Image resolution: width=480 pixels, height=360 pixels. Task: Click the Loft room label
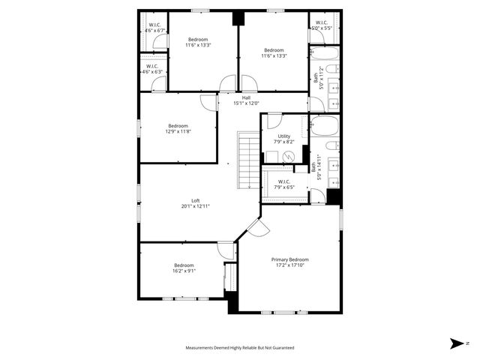(195, 200)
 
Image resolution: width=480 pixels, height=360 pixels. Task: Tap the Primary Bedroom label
(289, 259)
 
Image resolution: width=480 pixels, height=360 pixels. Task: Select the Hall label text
(246, 97)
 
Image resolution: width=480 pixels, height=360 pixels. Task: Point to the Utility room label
(283, 136)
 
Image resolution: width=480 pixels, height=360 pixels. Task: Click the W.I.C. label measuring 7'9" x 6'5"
(284, 181)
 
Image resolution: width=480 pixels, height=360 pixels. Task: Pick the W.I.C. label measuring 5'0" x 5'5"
(321, 22)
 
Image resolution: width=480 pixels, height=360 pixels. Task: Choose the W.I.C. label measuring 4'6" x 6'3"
(151, 66)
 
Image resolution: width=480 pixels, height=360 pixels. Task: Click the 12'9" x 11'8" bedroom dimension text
(178, 131)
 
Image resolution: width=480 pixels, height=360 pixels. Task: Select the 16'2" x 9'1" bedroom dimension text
(184, 271)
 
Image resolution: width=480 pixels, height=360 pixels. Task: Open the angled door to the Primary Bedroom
(255, 228)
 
